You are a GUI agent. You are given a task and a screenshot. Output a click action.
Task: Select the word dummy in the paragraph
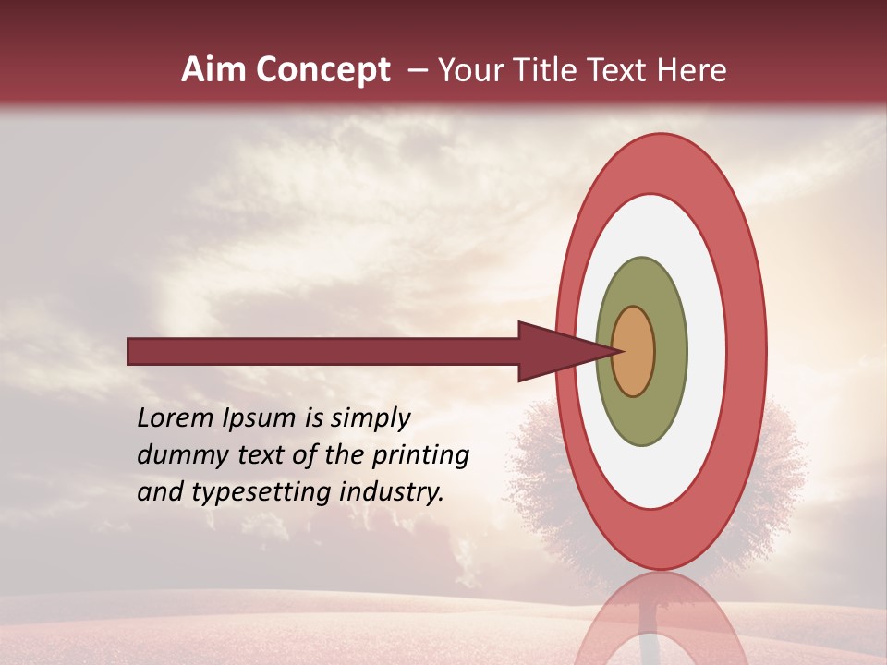pyautogui.click(x=176, y=454)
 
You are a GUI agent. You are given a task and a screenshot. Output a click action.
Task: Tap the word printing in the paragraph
pyautogui.click(x=420, y=455)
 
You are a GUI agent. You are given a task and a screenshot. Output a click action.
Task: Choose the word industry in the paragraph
pyautogui.click(x=392, y=491)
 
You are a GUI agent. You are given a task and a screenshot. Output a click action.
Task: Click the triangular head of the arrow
pyautogui.click(x=554, y=352)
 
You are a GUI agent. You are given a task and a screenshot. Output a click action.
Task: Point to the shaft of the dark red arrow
pyautogui.click(x=323, y=352)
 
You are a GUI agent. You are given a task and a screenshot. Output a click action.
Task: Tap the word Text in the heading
pyautogui.click(x=621, y=70)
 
